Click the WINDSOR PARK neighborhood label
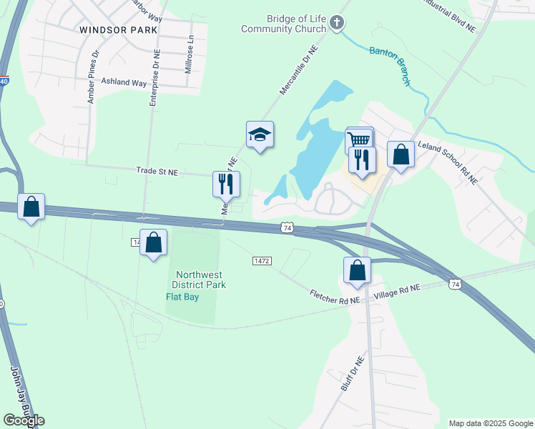pos(114,29)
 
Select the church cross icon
pos(338,24)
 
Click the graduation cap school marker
pos(260,134)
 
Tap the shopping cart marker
pos(360,139)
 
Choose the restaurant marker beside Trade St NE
pos(226,184)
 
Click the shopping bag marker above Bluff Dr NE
pos(357,270)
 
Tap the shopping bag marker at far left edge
pos(31,207)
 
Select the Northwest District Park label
pos(201,280)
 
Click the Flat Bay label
pos(183,297)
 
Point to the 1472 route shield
pos(262,262)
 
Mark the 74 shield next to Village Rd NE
pos(455,285)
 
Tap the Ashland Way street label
pos(124,83)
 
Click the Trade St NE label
pos(157,172)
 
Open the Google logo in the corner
pos(24,420)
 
